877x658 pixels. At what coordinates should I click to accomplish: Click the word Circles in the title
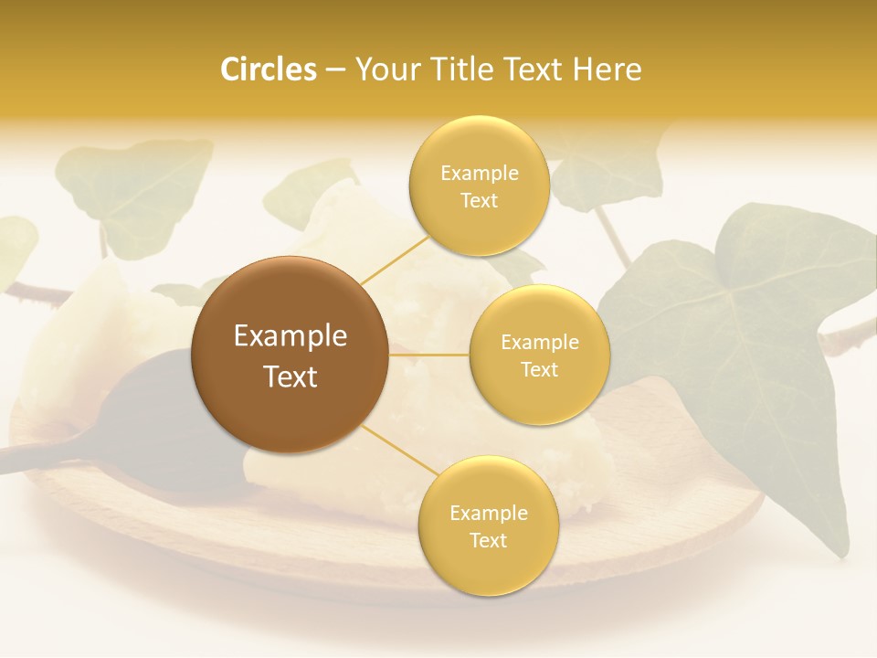click(x=269, y=69)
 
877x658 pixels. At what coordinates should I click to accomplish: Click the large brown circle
click(x=291, y=355)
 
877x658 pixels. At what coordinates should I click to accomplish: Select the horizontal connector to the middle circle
click(x=429, y=355)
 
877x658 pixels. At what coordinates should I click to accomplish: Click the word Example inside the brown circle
click(x=291, y=336)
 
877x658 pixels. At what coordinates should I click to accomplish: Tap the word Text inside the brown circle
click(x=291, y=377)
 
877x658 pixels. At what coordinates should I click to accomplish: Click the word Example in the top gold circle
click(x=480, y=174)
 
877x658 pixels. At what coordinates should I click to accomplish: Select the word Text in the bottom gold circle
click(x=488, y=540)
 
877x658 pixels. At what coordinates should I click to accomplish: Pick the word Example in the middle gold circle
click(x=540, y=343)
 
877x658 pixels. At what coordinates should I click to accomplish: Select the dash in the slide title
click(x=334, y=69)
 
